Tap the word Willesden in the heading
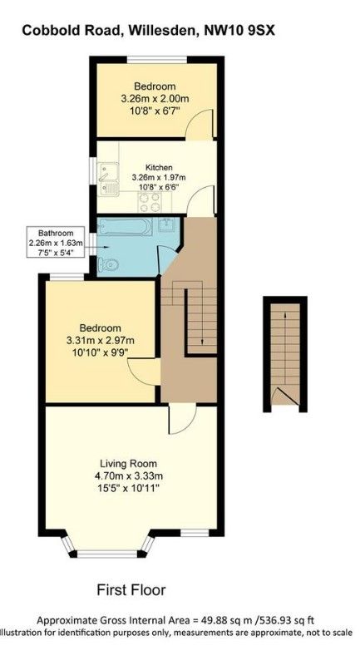point(163,30)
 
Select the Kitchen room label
point(159,167)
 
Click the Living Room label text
point(129,463)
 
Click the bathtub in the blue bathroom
point(124,227)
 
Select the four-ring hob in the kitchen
point(150,202)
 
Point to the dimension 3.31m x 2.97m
point(101,340)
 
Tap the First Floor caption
point(131,589)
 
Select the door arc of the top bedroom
point(200,124)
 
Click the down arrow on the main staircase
point(202,316)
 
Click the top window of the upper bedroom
point(156,59)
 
